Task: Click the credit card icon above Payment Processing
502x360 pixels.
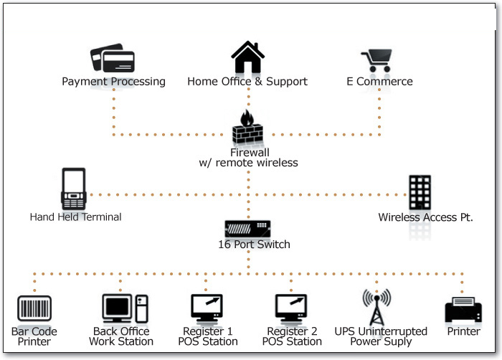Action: point(113,59)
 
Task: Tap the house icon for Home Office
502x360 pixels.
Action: point(247,57)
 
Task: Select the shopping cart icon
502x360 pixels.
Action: point(379,60)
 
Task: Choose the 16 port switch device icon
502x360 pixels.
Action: point(248,229)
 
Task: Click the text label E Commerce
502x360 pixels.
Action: point(379,82)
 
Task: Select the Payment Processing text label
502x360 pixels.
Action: point(113,82)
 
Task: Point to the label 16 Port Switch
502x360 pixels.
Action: point(254,245)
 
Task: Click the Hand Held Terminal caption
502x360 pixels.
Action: point(75,217)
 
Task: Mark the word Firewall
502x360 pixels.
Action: point(249,153)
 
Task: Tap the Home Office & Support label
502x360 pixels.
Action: point(247,82)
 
